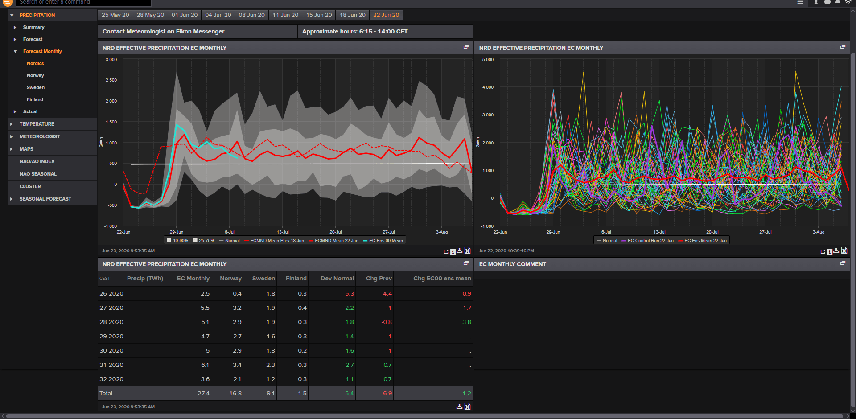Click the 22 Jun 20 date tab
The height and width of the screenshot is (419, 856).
386,15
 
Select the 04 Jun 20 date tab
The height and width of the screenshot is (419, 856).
218,15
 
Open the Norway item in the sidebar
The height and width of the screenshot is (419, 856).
35,75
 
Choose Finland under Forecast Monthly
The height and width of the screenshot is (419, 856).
35,99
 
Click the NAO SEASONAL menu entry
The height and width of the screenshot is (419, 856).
38,174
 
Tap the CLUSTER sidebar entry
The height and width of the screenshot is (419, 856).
30,186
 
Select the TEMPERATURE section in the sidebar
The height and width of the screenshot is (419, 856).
37,124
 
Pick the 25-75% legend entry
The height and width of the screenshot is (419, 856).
204,241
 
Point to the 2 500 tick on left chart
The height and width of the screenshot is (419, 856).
111,80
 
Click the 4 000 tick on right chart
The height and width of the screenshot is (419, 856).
488,87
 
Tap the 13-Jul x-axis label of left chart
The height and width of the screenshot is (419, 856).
283,232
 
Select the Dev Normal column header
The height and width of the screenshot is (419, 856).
337,279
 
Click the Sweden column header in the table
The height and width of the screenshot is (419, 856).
263,279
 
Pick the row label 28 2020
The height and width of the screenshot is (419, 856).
111,322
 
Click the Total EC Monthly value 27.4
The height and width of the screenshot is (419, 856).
203,394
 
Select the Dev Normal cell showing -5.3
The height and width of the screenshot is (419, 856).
349,294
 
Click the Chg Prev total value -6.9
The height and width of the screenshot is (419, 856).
387,394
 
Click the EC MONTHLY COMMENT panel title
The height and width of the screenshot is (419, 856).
513,264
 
